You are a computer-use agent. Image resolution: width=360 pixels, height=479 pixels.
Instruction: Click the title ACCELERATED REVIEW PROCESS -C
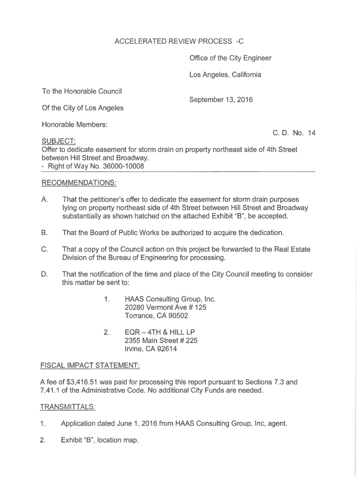point(179,42)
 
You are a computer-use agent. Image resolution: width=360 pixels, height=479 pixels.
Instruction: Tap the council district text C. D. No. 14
point(294,133)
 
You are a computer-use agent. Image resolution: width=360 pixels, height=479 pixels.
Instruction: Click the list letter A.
point(44,200)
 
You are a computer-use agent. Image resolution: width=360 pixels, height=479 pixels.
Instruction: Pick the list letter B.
point(44,232)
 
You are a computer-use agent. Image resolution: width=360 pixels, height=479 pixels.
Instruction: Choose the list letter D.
point(44,274)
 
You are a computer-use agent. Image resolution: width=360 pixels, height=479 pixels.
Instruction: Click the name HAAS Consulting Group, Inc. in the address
point(170,299)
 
